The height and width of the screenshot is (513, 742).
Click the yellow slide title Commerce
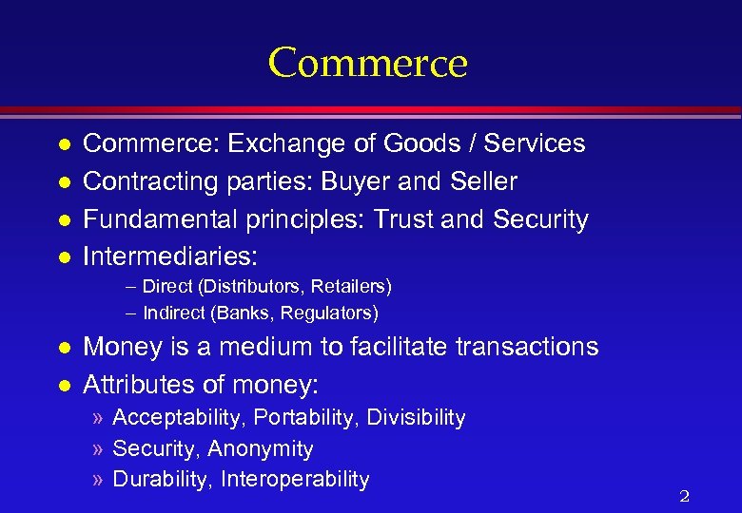click(x=367, y=63)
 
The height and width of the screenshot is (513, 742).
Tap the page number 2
click(x=684, y=496)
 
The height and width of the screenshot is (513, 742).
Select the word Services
click(x=535, y=143)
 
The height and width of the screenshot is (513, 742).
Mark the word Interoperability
click(x=295, y=479)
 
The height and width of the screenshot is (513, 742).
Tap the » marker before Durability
click(x=99, y=480)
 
